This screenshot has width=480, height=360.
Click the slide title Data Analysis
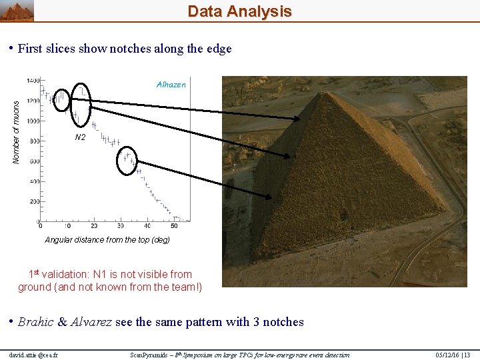[239, 11]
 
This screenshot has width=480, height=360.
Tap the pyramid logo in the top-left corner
[17, 11]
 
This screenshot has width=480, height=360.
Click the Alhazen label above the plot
[171, 85]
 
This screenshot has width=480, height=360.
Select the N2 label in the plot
[80, 137]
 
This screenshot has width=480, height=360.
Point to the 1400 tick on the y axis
[32, 81]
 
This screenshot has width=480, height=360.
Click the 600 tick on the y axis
[33, 161]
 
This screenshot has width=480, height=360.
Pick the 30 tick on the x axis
[121, 227]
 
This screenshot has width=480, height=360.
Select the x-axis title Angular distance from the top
[107, 240]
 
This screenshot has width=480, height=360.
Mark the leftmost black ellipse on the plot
[61, 99]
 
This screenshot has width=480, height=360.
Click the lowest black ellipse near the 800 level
[126, 160]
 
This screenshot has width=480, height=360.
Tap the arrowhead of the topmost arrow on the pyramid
[298, 119]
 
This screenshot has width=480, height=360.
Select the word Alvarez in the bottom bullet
[90, 323]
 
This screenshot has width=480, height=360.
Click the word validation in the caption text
[71, 275]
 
